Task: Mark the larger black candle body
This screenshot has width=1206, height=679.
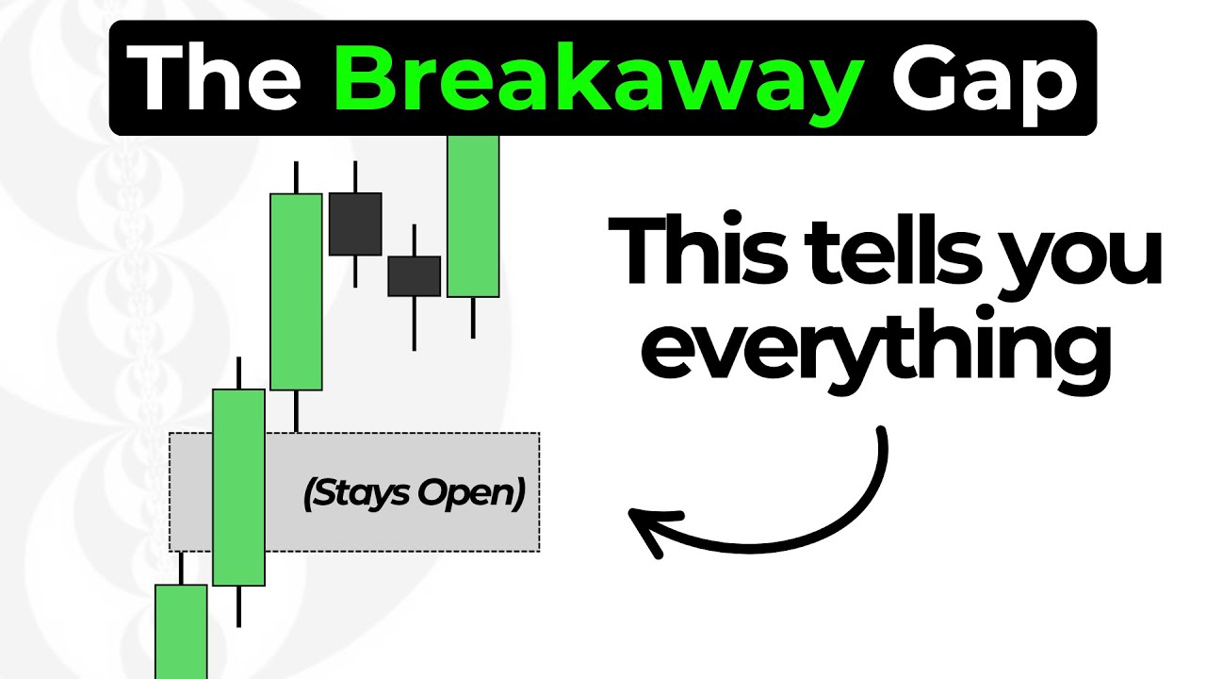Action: (x=355, y=224)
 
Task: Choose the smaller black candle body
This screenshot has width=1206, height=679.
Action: (x=414, y=275)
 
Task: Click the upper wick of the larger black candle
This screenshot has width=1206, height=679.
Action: (x=355, y=176)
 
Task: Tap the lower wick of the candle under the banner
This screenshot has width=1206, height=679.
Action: (x=473, y=318)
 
